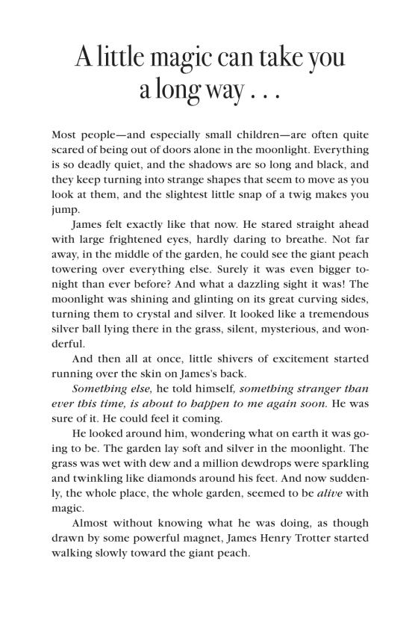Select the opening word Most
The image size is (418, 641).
click(65, 135)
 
